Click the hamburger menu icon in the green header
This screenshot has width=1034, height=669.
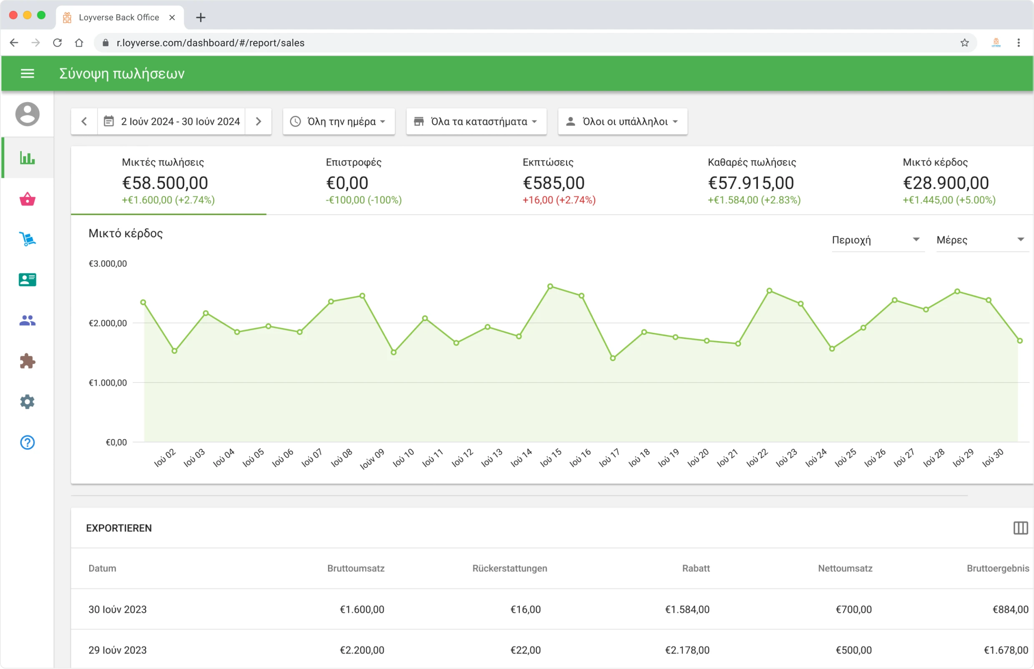point(28,73)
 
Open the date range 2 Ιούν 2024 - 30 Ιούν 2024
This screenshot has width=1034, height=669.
point(172,122)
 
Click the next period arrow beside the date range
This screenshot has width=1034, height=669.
point(258,122)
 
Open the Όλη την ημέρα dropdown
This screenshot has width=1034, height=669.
point(339,122)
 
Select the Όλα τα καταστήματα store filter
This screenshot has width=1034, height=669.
point(476,122)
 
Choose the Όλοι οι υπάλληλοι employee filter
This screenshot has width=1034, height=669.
point(622,122)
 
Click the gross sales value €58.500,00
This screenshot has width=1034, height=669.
point(165,183)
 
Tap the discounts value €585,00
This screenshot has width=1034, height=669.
point(554,183)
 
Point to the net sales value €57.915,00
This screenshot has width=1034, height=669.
point(751,183)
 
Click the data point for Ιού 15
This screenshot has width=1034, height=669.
point(550,286)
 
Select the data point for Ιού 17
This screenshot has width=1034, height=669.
point(613,358)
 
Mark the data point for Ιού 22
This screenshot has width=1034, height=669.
point(769,291)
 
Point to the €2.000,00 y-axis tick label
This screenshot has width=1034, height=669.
point(108,323)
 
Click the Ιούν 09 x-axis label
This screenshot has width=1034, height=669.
point(372,459)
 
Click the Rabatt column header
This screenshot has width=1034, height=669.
point(696,568)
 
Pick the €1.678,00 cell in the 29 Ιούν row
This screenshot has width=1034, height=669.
point(1005,650)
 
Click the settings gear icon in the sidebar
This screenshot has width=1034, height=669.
point(28,402)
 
